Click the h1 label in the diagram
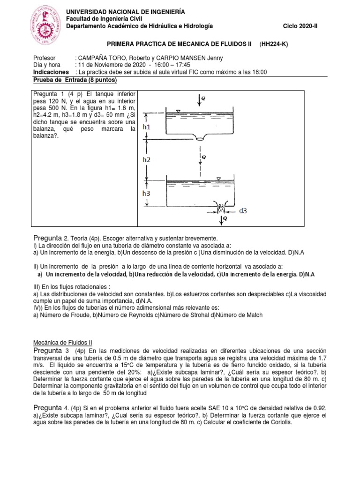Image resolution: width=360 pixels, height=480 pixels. coord(147,127)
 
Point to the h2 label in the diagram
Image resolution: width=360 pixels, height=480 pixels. coord(146,159)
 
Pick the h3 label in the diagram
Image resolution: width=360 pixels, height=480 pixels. coord(147,192)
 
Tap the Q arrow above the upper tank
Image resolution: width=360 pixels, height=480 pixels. coord(202,99)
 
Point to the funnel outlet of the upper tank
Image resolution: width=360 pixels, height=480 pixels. coord(201,138)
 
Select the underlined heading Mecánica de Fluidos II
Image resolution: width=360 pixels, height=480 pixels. coord(60,343)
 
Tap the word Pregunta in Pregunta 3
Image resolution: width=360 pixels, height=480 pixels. coord(48,351)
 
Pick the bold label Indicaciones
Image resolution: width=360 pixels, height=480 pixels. coord(51,72)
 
